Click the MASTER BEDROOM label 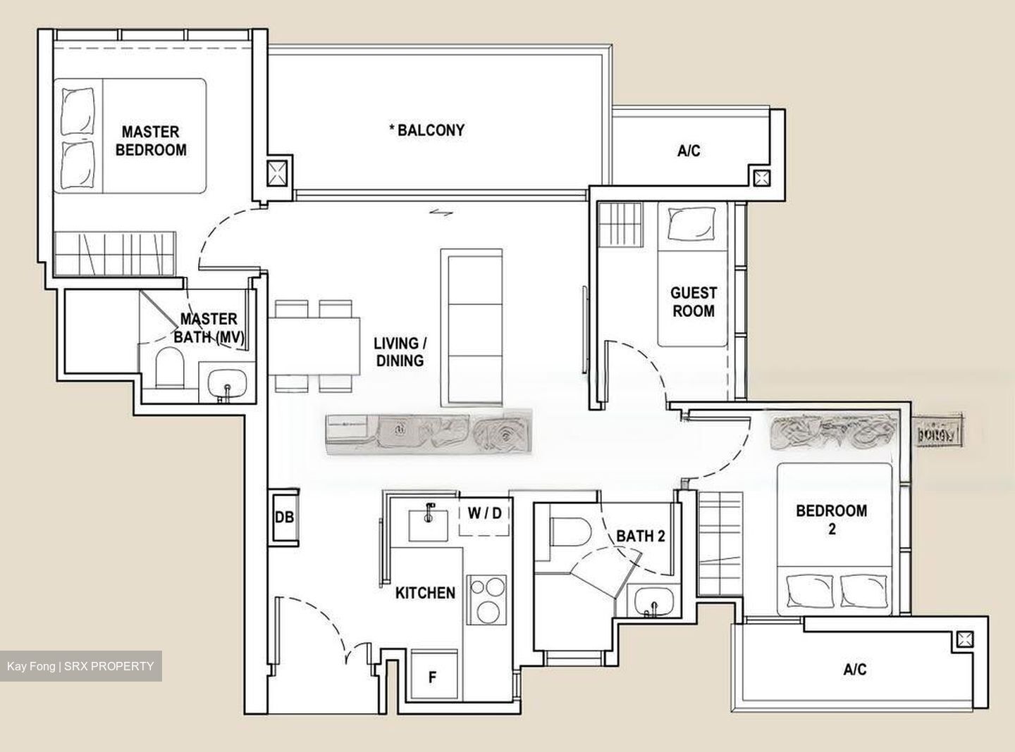click(x=151, y=141)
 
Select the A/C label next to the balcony click(x=689, y=151)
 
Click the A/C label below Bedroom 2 click(x=854, y=669)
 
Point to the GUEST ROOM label click(x=693, y=301)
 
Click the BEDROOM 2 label click(x=831, y=519)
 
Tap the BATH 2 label click(x=640, y=536)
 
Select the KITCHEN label click(x=425, y=593)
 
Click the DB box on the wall click(x=284, y=517)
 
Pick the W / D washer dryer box click(x=485, y=513)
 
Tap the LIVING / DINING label click(x=399, y=352)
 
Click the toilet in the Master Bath click(x=168, y=368)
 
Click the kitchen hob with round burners click(x=487, y=599)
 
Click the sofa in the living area click(x=472, y=327)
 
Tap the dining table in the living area click(x=314, y=345)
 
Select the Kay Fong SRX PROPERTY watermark click(x=80, y=665)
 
